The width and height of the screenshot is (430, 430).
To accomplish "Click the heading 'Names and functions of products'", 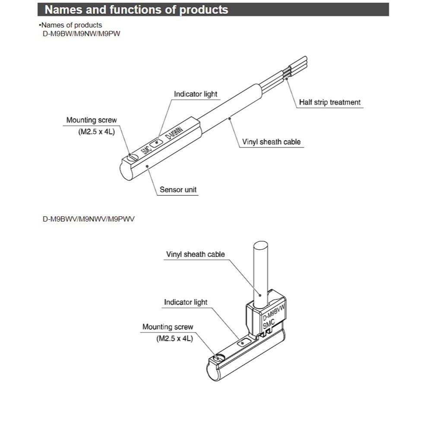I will [136, 9].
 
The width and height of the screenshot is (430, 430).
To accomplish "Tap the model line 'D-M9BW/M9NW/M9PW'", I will [81, 33].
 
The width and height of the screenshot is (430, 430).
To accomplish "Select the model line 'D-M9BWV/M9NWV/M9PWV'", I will [89, 219].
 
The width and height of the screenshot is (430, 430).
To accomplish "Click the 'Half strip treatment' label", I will [330, 102].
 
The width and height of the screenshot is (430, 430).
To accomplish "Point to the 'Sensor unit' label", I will [178, 189].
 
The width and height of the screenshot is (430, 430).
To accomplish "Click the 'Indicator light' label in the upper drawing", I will [195, 94].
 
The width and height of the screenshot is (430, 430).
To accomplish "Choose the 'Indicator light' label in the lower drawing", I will [186, 302].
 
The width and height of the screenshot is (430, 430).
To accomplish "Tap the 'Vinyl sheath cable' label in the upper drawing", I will [271, 142].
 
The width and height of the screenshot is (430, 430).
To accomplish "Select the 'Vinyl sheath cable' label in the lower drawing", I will [196, 254].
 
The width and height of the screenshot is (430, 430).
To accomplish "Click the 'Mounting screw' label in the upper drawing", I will [92, 120].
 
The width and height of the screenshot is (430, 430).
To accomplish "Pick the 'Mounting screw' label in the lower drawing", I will [168, 327].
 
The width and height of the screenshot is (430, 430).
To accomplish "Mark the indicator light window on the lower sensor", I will [243, 343].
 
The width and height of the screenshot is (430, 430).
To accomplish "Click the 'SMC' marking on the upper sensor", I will [147, 151].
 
